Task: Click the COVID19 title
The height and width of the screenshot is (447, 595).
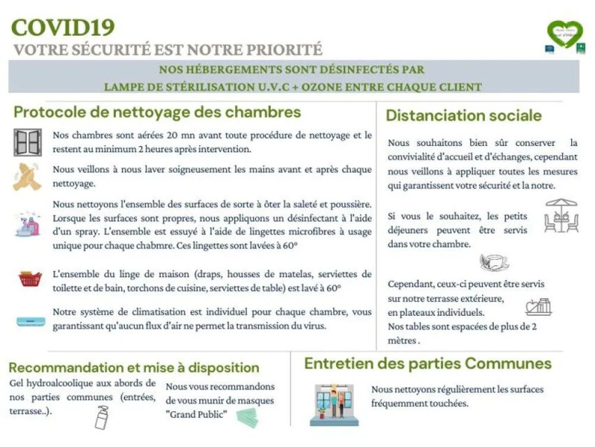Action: [x=63, y=28]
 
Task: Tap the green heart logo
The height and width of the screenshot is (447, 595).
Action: [x=565, y=34]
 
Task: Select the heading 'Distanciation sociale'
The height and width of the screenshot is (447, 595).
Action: [x=463, y=115]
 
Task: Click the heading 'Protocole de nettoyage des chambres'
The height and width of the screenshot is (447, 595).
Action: [x=157, y=112]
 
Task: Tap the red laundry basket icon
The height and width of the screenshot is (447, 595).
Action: [x=30, y=279]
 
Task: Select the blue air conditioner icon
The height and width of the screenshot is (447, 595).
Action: [x=29, y=321]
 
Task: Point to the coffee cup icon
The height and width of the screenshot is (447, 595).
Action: [x=495, y=261]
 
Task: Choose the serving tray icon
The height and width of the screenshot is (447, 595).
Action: [x=538, y=305]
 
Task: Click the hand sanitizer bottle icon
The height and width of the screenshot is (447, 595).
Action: [x=100, y=418]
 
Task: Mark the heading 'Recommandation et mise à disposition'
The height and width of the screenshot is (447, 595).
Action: [x=134, y=367]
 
